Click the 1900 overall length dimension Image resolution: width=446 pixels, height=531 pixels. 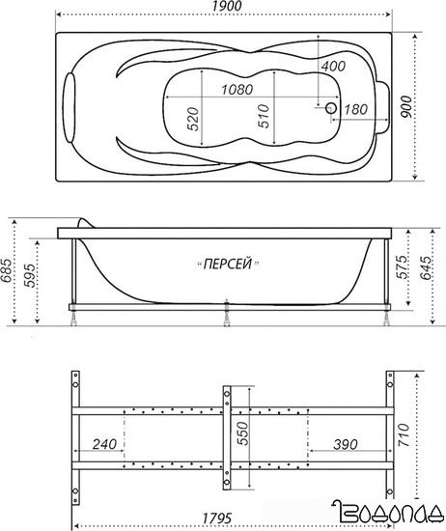(228, 6)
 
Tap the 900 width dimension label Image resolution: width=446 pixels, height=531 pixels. (406, 106)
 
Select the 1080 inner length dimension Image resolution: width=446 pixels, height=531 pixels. (237, 90)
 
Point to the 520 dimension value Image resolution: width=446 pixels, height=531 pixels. (193, 119)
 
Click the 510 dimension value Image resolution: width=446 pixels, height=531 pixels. (264, 116)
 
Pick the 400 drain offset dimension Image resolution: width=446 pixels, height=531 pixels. (333, 66)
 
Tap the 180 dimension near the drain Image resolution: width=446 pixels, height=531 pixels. (355, 109)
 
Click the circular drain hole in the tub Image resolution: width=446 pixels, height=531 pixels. (331, 108)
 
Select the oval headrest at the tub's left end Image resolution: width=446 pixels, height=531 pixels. (70, 107)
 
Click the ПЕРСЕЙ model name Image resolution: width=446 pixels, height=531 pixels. (228, 264)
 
